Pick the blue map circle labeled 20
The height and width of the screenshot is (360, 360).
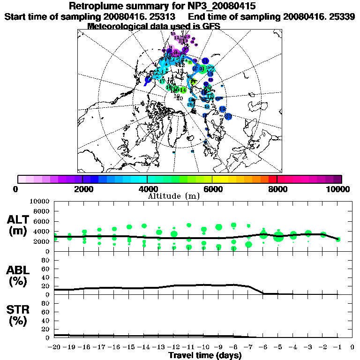tap(228, 116)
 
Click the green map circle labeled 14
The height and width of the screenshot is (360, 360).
tap(183, 90)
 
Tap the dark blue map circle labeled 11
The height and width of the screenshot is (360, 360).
tap(205, 61)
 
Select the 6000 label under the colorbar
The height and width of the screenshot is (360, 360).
tap(212, 189)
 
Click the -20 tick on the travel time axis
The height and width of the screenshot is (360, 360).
tap(54, 347)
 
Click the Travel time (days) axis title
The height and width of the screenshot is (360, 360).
tap(205, 355)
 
